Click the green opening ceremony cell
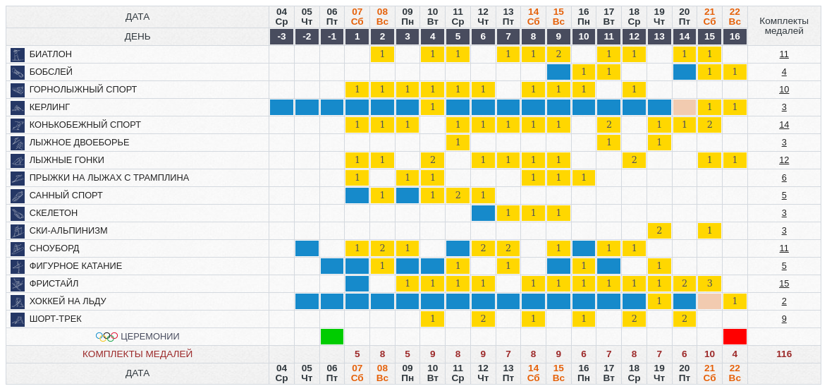click(x=332, y=337)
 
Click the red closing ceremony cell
click(x=735, y=337)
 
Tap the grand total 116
click(x=784, y=354)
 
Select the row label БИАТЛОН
click(x=51, y=54)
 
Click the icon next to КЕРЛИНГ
click(x=18, y=107)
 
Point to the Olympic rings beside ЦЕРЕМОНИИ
click(x=106, y=337)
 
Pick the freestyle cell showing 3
click(x=709, y=284)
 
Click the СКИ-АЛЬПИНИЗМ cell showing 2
click(x=659, y=231)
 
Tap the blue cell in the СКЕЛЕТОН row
click(x=483, y=213)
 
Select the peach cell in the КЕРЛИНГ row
click(x=684, y=107)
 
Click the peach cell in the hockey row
click(x=709, y=301)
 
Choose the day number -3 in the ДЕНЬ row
click(x=281, y=37)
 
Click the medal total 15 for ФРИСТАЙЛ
click(x=784, y=284)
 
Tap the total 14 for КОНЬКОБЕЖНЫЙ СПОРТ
click(x=784, y=125)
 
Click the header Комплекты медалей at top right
click(x=784, y=25)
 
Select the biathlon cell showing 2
click(x=558, y=54)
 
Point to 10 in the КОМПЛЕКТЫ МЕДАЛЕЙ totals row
click(x=709, y=354)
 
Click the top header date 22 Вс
click(x=735, y=16)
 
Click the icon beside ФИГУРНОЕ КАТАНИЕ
click(x=18, y=266)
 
